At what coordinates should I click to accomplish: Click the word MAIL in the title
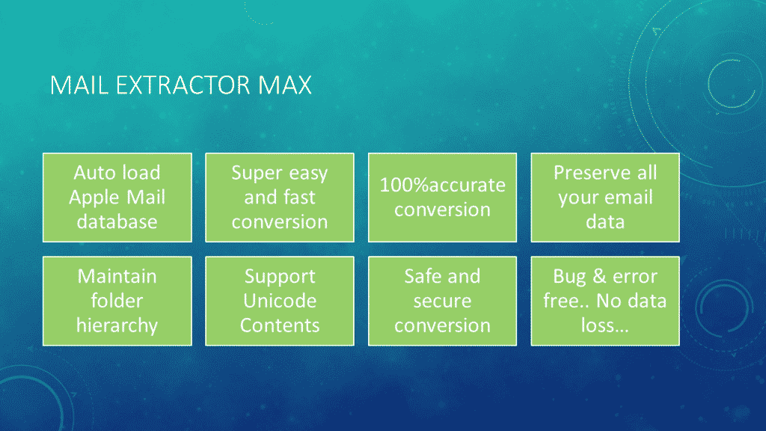(x=79, y=85)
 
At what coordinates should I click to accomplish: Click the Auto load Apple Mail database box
(x=117, y=198)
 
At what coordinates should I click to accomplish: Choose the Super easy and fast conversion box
(x=280, y=198)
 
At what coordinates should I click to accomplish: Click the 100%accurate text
(x=443, y=185)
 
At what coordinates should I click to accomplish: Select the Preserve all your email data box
(x=605, y=198)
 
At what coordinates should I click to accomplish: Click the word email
(x=631, y=198)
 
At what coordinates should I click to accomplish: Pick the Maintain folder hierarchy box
(x=117, y=301)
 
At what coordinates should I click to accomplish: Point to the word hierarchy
(x=117, y=326)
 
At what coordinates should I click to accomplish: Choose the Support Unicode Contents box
(x=280, y=301)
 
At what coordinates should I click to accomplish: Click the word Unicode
(x=280, y=301)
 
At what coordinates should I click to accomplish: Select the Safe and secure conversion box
(x=443, y=301)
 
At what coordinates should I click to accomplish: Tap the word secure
(x=443, y=302)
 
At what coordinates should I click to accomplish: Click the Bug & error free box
(x=605, y=301)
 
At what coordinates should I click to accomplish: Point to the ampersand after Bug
(x=599, y=277)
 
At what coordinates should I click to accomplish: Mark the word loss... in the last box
(x=604, y=325)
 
